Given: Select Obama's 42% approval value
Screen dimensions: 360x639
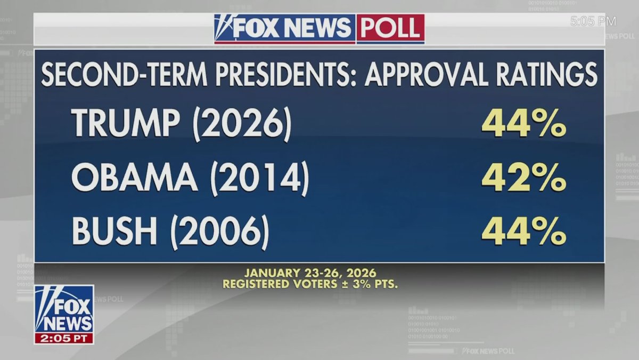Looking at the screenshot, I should click(523, 179).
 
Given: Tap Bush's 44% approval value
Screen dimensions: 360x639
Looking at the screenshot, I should click(523, 232).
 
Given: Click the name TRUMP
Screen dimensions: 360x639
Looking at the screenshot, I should click(126, 123).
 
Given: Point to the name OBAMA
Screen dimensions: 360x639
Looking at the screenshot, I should click(134, 179).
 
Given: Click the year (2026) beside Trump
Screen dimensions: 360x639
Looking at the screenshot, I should click(242, 124).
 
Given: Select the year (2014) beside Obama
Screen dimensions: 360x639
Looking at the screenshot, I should click(259, 179).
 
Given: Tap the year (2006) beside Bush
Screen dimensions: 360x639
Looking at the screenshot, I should click(219, 233).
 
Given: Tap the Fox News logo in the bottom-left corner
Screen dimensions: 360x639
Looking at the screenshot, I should click(64, 309).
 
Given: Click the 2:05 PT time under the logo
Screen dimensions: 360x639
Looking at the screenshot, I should click(64, 338).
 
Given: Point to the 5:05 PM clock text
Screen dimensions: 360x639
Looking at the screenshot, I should click(593, 21).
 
